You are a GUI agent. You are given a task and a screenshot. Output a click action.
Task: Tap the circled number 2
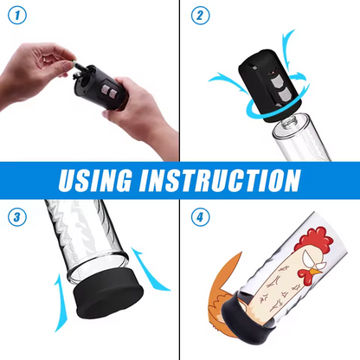click(201, 16)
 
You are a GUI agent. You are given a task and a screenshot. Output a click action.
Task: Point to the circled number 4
click(201, 216)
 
